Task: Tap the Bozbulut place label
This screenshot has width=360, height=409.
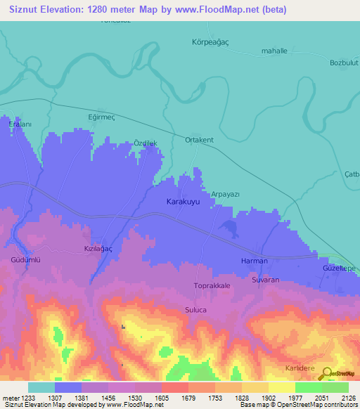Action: (344, 63)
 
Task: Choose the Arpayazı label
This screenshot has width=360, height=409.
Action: (226, 193)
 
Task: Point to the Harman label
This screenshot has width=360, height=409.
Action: (254, 261)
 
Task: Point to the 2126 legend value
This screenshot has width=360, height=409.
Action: (349, 398)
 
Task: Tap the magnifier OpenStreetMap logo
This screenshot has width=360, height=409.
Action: (326, 375)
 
